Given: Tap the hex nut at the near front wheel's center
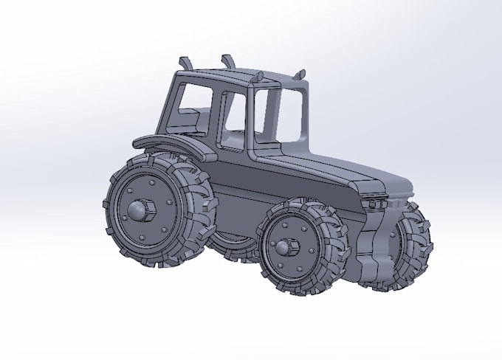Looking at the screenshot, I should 289,246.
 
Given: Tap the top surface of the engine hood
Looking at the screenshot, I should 332,167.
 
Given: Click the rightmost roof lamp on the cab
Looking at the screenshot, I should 300,74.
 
